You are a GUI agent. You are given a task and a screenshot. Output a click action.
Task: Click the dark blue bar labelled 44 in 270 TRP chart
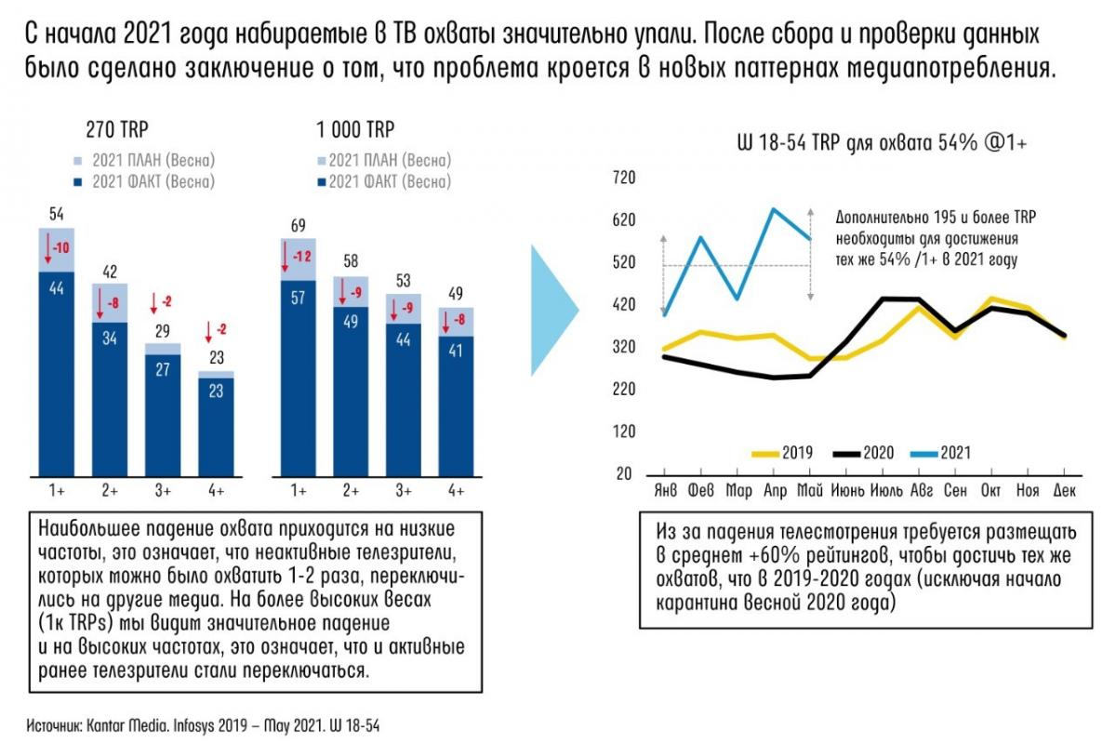click(x=56, y=372)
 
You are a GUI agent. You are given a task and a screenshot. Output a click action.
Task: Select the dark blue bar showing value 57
click(x=299, y=378)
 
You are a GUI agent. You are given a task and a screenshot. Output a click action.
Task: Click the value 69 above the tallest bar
click(x=299, y=226)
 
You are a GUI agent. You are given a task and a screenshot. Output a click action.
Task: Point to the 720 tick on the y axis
click(x=621, y=177)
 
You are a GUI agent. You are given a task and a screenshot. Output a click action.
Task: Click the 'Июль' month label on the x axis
click(x=887, y=490)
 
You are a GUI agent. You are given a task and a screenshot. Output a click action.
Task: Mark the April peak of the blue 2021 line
click(x=774, y=208)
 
